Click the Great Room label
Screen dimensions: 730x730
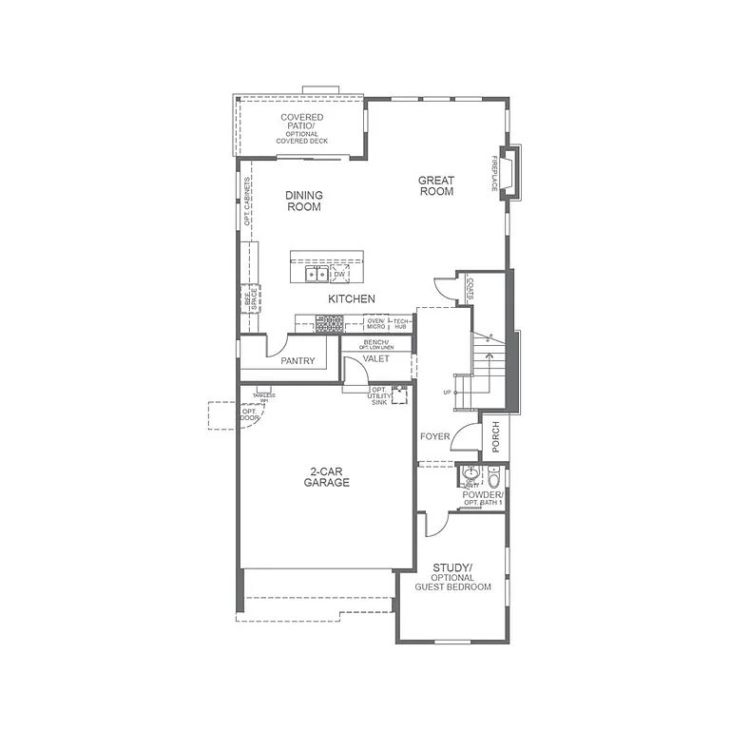point(436,185)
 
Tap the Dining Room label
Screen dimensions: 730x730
point(303,201)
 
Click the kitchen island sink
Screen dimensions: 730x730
point(317,275)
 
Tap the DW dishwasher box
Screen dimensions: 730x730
point(339,275)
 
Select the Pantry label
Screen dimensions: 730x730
point(298,361)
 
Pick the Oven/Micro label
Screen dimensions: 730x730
point(375,324)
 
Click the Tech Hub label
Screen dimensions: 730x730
point(401,324)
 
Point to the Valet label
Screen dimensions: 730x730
point(375,358)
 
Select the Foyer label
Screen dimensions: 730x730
point(434,436)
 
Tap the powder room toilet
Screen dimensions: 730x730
point(471,474)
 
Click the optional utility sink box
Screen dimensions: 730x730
point(398,395)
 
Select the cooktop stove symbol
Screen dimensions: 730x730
point(329,324)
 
